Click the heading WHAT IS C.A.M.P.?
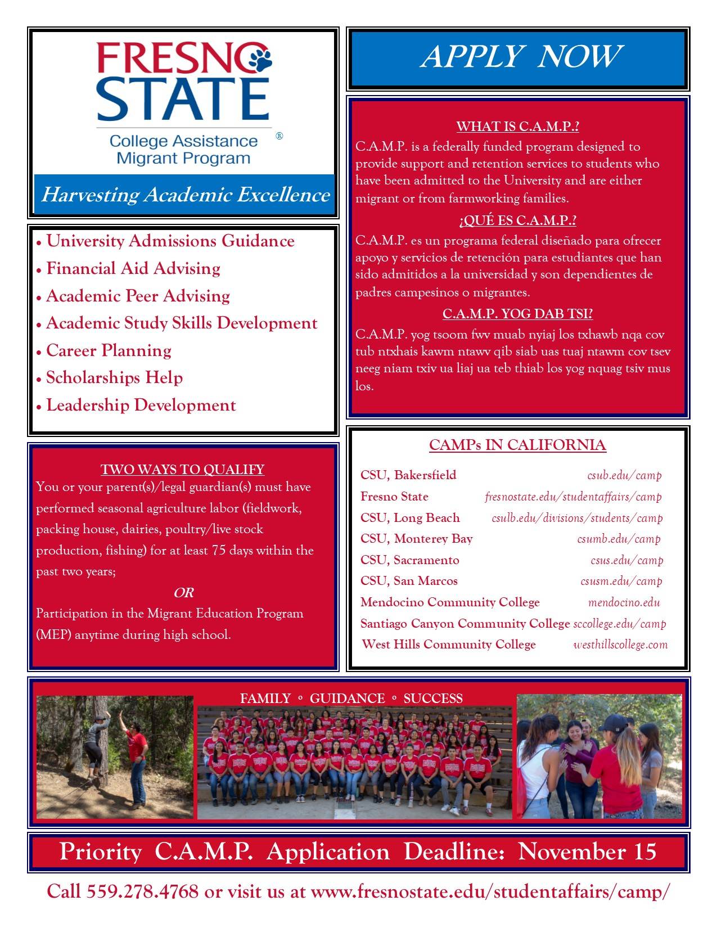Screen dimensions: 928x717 (x=517, y=126)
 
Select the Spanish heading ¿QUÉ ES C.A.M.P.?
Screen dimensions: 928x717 (x=517, y=220)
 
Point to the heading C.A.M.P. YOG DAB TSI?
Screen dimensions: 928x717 (x=517, y=313)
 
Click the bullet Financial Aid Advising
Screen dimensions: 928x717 (x=133, y=268)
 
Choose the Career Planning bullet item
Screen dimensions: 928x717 (x=109, y=350)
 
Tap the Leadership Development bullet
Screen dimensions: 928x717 (x=141, y=405)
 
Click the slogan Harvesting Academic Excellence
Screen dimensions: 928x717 (x=185, y=195)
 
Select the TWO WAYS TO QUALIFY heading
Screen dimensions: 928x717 (x=182, y=469)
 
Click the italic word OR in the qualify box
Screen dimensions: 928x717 (x=183, y=592)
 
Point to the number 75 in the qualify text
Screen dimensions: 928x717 (x=219, y=550)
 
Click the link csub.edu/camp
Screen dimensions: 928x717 (x=624, y=475)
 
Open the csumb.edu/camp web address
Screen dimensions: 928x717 (x=619, y=539)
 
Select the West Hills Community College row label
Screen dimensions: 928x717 (x=449, y=645)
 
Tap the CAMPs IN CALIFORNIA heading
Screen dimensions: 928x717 (x=517, y=445)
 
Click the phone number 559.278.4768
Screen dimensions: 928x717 (x=142, y=891)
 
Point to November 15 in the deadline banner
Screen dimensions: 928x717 (x=587, y=852)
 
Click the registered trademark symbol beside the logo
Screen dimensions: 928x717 (x=279, y=136)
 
